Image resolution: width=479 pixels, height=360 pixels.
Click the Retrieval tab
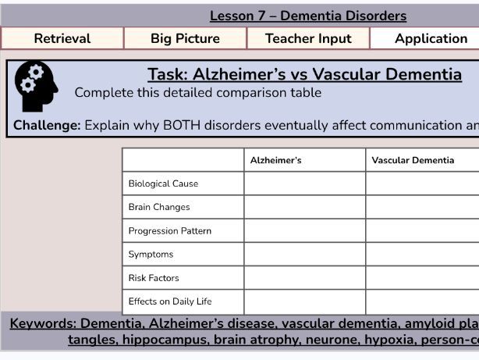[62, 38]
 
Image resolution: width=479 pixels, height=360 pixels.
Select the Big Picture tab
[185, 38]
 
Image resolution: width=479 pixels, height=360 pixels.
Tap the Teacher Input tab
[308, 38]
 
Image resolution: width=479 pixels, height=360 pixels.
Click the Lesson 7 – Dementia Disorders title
[308, 16]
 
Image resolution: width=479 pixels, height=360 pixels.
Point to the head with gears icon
[37, 86]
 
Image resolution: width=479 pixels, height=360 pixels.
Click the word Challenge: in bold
[47, 126]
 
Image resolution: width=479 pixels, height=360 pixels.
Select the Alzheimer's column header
[275, 160]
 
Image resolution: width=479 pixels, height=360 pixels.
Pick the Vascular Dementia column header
[413, 160]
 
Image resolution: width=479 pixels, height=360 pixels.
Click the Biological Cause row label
[163, 184]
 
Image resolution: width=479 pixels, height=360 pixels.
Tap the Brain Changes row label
[159, 207]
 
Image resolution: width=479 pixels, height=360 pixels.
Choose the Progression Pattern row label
[170, 230]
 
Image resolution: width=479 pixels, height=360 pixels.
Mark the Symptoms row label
[151, 254]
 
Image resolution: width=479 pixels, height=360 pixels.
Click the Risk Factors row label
[154, 278]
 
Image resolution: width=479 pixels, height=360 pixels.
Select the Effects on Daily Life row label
[170, 301]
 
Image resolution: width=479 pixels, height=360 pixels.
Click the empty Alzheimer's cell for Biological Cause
[305, 184]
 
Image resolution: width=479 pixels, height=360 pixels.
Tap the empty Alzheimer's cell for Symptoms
[305, 254]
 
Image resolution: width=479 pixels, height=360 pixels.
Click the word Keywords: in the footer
[43, 323]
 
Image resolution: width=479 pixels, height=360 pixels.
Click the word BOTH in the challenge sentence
[182, 126]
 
